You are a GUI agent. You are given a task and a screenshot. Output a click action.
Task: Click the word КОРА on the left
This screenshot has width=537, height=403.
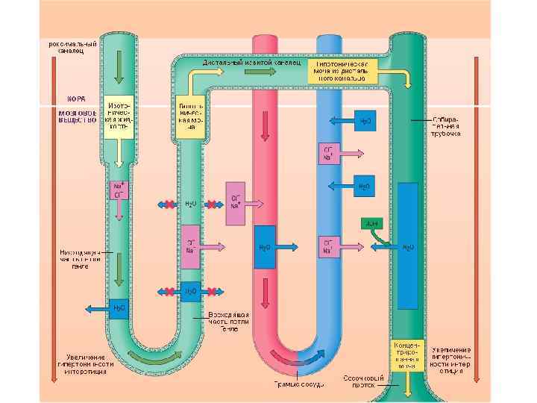(77, 98)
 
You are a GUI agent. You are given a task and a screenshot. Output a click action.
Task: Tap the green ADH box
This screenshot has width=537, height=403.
(371, 222)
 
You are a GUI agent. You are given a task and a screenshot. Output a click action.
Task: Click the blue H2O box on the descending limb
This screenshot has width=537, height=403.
(119, 308)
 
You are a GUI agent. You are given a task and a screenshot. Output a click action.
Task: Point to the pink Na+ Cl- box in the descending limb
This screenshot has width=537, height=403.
(119, 190)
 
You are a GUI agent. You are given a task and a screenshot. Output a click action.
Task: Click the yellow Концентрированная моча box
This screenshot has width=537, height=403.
(406, 355)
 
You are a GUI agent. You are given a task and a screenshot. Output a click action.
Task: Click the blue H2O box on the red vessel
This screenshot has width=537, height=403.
(265, 247)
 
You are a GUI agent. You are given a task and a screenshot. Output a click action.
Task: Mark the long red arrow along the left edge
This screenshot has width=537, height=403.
(51, 216)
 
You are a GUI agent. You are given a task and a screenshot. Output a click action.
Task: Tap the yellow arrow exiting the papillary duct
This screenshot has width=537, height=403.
(407, 387)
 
